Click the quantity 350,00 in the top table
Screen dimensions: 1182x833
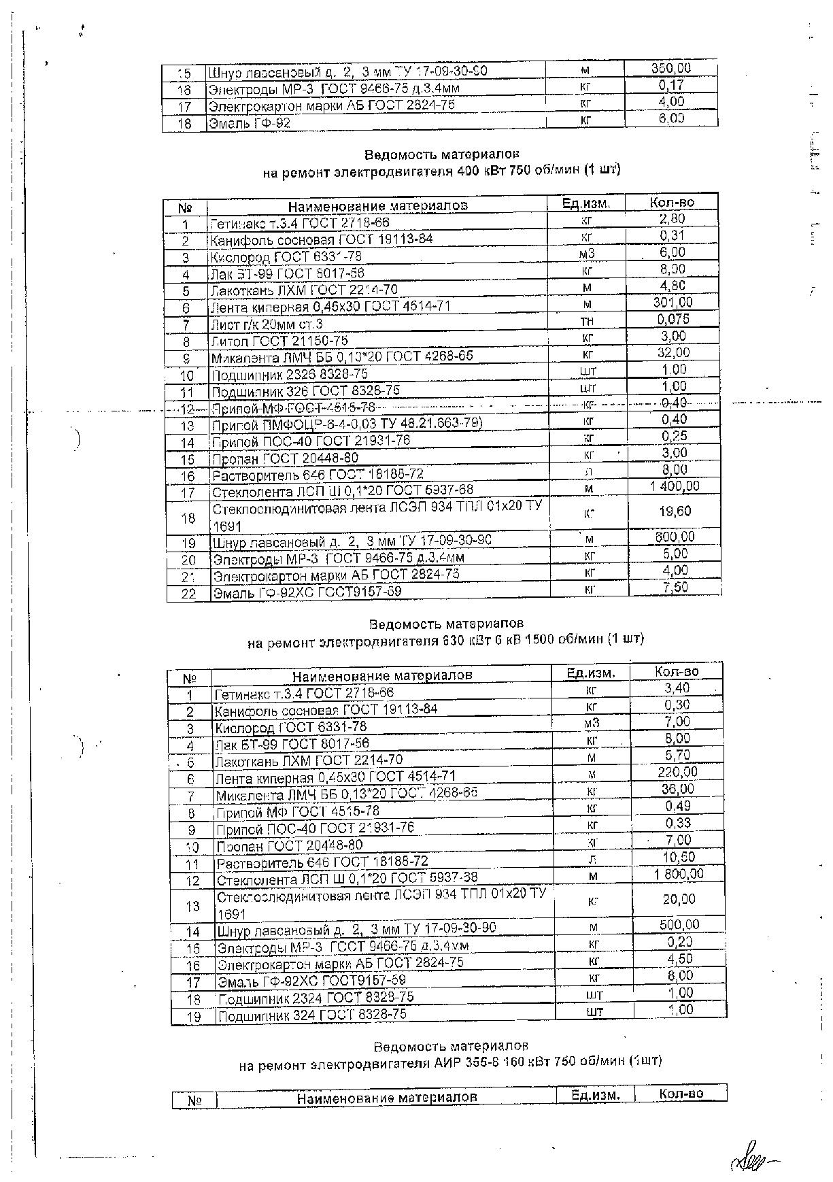click(670, 69)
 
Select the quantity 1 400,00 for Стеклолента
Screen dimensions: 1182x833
click(674, 486)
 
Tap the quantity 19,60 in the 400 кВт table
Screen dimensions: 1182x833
click(675, 511)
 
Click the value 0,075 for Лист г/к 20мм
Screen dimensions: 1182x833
click(673, 319)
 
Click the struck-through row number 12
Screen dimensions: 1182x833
click(187, 409)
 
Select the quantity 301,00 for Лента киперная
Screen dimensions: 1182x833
click(673, 303)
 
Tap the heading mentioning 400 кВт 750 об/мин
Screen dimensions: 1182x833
click(441, 169)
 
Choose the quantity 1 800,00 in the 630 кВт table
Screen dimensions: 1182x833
click(679, 874)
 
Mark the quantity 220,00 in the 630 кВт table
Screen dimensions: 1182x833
click(677, 772)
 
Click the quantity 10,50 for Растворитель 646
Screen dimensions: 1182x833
click(677, 858)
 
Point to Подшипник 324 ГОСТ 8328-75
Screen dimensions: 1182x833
click(311, 1014)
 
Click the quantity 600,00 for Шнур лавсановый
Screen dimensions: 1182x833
click(674, 537)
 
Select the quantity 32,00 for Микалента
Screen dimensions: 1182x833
click(673, 352)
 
